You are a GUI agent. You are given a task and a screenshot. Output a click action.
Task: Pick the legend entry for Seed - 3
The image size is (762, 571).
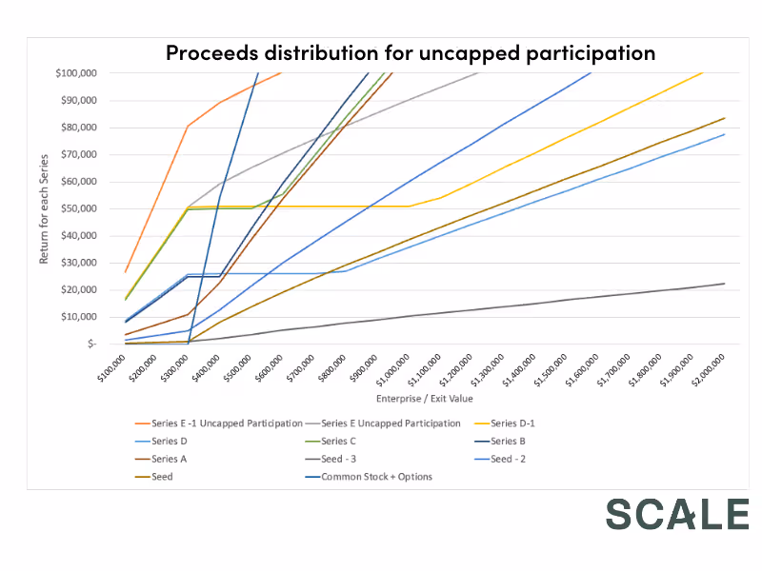pos(342,459)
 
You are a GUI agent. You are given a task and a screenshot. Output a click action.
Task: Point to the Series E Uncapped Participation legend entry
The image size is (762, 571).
pos(391,423)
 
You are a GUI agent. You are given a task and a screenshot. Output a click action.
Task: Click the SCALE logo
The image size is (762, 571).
pos(677,514)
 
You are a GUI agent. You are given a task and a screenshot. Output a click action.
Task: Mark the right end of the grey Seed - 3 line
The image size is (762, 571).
pos(725,284)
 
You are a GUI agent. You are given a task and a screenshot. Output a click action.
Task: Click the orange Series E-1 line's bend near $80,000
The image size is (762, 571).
pos(189,126)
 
